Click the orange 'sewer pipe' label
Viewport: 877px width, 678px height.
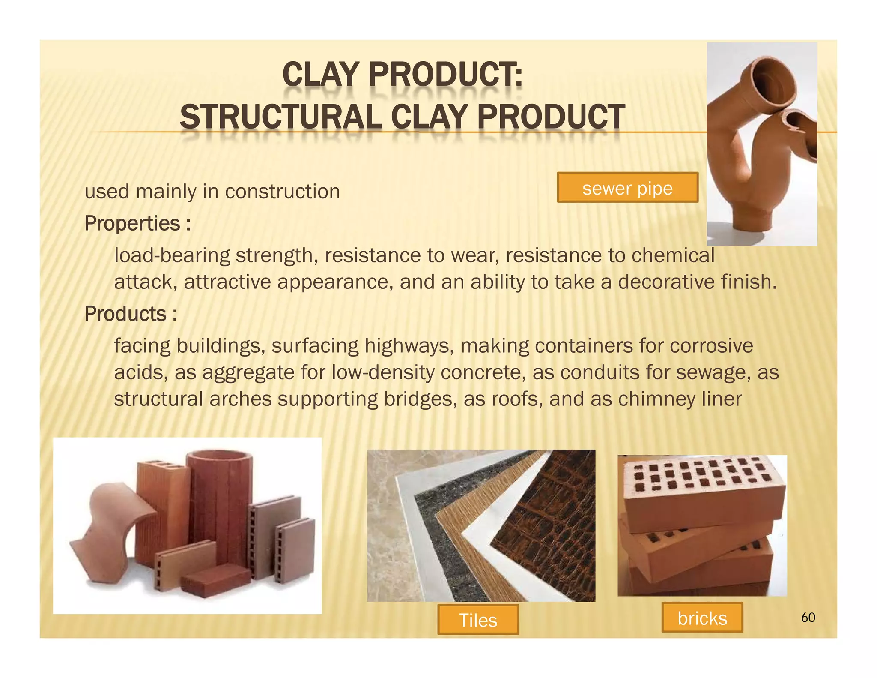[627, 188]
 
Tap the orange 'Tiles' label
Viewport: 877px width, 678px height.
[478, 620]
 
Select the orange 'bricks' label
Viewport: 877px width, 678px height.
[702, 618]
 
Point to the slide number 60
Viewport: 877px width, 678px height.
[808, 618]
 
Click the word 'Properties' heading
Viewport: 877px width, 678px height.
[132, 223]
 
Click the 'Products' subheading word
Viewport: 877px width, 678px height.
[125, 314]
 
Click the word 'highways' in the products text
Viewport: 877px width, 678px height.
[410, 346]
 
